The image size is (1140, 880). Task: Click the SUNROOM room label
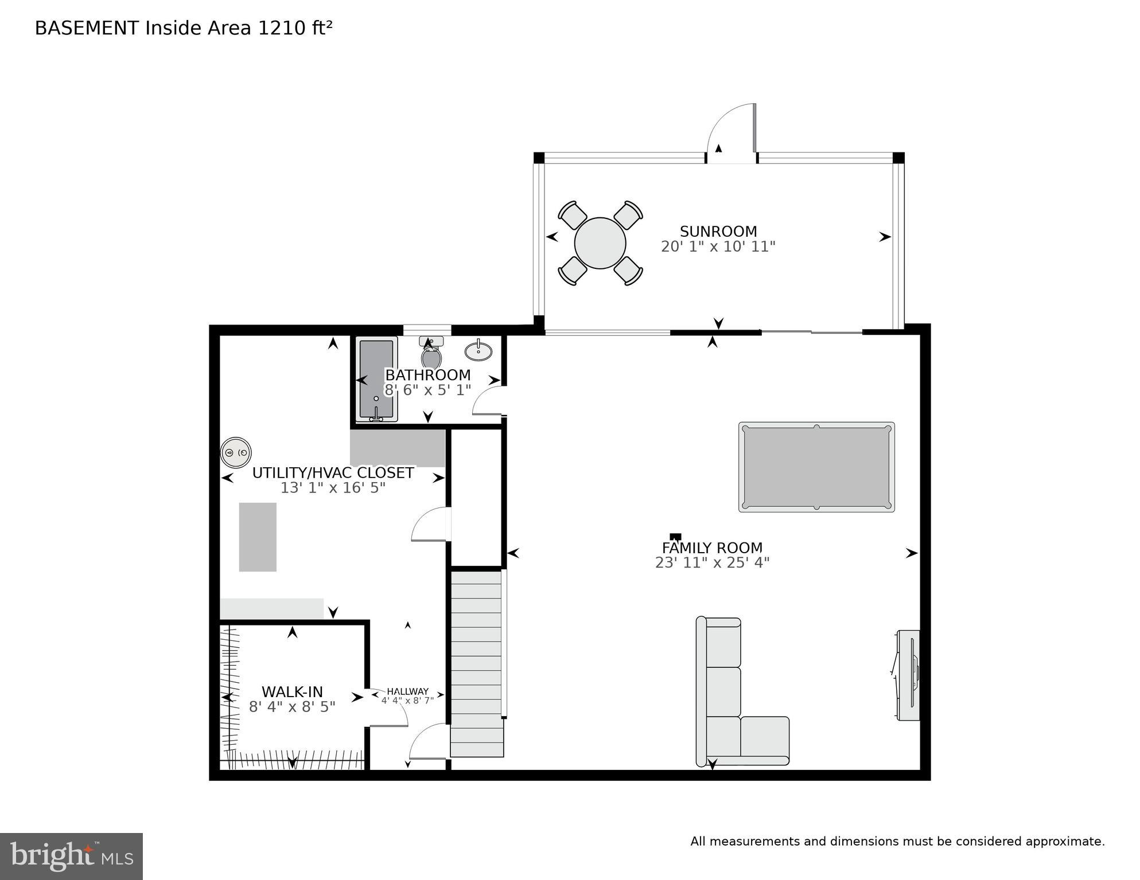click(x=718, y=231)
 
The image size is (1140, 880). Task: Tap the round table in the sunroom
click(x=600, y=243)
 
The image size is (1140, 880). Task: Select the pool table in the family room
click(x=816, y=467)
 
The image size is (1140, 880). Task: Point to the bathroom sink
click(x=478, y=351)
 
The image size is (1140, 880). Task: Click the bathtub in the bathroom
click(x=376, y=378)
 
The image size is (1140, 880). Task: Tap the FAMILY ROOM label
click(x=712, y=547)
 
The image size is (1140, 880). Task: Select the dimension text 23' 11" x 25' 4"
click(x=712, y=563)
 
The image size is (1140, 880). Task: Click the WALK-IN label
click(x=292, y=691)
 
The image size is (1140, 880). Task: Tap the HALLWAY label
click(x=407, y=691)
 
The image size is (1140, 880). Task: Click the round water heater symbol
click(x=236, y=452)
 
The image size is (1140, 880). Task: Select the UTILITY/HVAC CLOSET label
click(x=333, y=473)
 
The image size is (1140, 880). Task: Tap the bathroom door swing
click(x=488, y=401)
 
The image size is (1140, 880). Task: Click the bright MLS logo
click(x=71, y=856)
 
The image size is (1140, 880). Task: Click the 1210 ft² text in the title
click(x=295, y=28)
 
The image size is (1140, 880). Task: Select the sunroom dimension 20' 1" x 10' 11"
click(x=718, y=247)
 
